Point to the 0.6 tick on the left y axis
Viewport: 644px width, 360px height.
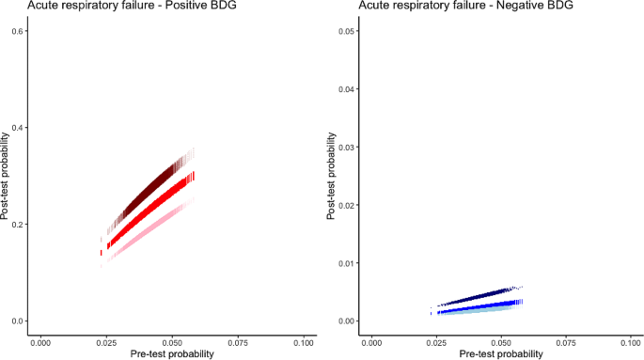[x=17, y=31]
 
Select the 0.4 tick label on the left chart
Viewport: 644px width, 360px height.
[x=17, y=128]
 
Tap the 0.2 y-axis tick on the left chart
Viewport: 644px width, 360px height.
[x=17, y=225]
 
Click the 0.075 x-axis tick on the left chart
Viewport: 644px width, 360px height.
[x=238, y=342]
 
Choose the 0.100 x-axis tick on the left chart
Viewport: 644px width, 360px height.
[x=303, y=342]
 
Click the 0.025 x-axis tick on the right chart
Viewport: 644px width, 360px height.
[x=437, y=342]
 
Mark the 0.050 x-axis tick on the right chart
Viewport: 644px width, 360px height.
[x=502, y=342]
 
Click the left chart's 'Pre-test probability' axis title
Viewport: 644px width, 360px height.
[x=172, y=354]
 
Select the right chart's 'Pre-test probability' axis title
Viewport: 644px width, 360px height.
[x=502, y=354]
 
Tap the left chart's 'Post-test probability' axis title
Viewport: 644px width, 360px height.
[x=7, y=176]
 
